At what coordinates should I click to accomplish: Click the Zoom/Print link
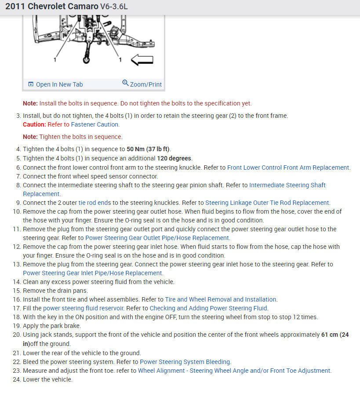142,84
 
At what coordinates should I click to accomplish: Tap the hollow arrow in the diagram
142,60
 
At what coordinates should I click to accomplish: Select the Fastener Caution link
95,124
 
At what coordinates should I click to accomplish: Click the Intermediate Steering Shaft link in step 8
287,185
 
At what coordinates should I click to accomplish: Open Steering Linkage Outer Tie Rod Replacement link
267,203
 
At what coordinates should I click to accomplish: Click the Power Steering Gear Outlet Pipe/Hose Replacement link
157,238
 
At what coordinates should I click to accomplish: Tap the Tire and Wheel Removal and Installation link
221,299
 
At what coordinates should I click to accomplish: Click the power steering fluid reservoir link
83,308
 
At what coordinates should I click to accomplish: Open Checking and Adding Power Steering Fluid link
208,308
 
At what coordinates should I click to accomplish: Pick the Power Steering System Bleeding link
185,362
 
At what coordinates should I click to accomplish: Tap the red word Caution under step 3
34,124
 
